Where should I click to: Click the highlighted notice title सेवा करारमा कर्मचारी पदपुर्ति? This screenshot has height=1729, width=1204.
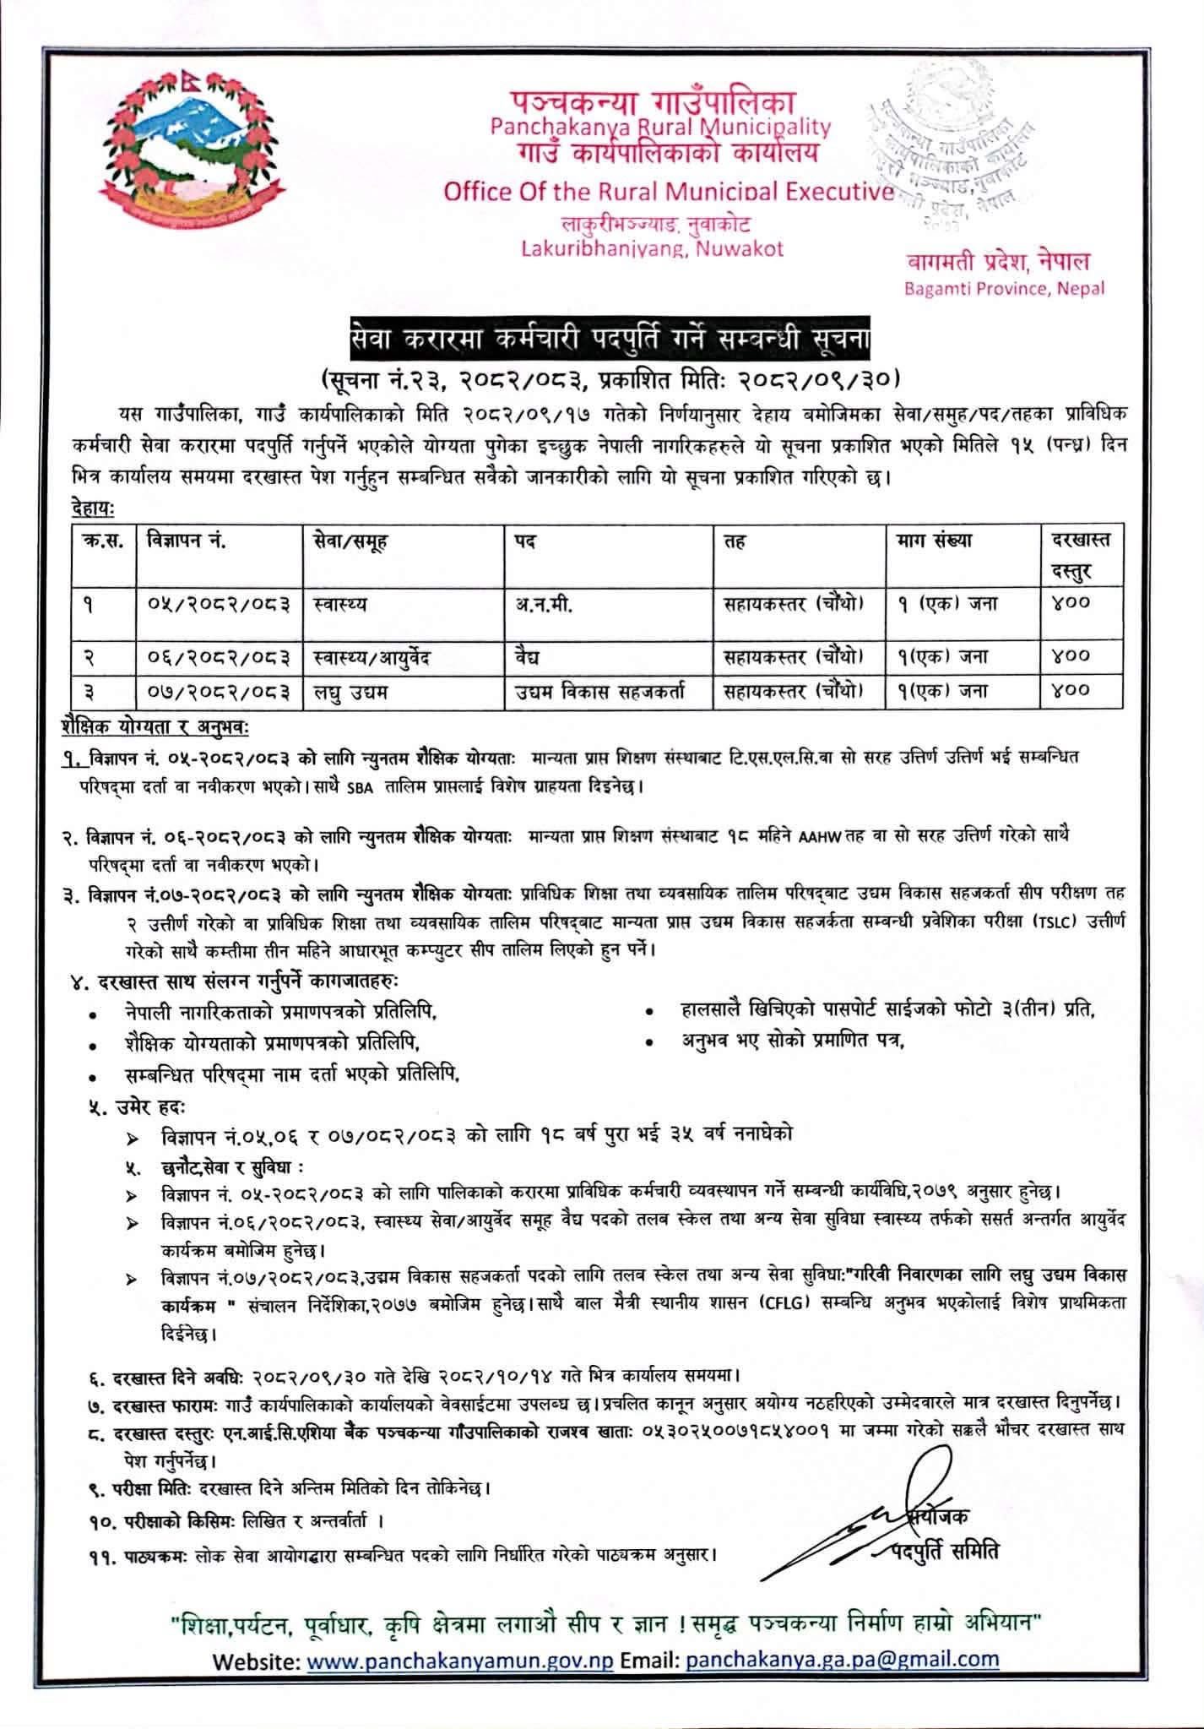601,342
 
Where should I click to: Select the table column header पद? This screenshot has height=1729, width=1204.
523,541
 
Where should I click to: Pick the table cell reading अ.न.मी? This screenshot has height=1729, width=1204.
544,604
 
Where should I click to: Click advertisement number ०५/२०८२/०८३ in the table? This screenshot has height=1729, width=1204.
218,604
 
